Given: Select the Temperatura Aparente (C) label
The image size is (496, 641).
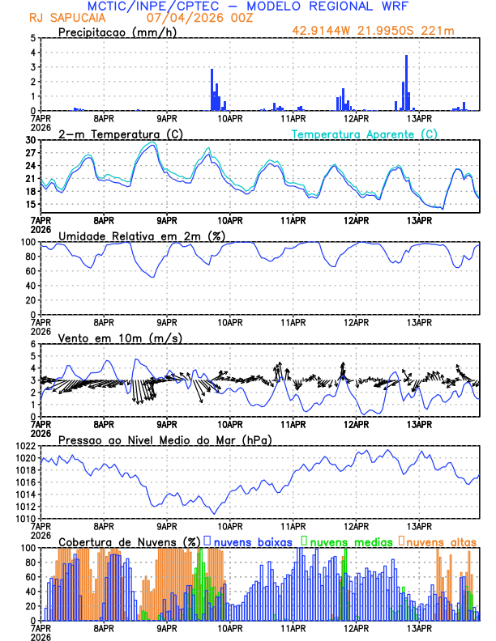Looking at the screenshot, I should pyautogui.click(x=364, y=134).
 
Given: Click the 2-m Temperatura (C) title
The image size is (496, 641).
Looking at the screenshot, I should pyautogui.click(x=119, y=134).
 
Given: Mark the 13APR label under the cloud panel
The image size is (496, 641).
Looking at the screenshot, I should pyautogui.click(x=418, y=627).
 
